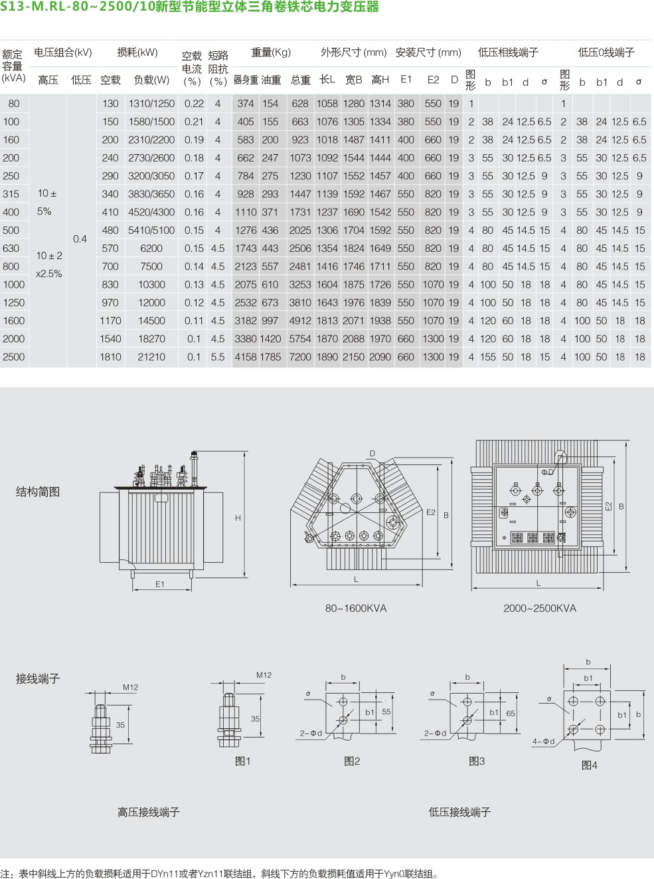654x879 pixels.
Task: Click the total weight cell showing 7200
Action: click(x=300, y=357)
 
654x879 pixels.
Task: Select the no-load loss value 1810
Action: click(x=110, y=357)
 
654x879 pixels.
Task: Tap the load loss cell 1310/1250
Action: click(x=151, y=104)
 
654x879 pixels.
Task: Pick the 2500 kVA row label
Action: click(x=13, y=357)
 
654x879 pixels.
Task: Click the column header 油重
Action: click(x=271, y=80)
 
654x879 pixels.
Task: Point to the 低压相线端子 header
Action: click(x=508, y=52)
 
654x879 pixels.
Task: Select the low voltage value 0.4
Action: click(x=80, y=239)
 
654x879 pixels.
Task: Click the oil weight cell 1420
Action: click(x=270, y=339)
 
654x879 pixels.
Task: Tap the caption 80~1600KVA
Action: click(x=356, y=609)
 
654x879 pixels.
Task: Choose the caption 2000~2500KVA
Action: click(x=540, y=609)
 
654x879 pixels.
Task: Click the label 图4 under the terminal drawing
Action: click(x=589, y=765)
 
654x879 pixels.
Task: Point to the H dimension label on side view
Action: click(x=238, y=518)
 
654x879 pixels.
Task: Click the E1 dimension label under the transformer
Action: click(x=159, y=584)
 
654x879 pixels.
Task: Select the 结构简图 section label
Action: click(x=38, y=492)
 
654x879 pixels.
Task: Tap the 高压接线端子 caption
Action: click(x=149, y=812)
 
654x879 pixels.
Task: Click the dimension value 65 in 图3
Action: click(x=511, y=714)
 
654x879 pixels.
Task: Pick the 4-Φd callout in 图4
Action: click(x=543, y=741)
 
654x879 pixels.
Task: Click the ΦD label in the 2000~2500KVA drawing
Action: click(x=548, y=472)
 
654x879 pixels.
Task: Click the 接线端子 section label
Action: click(x=38, y=679)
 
